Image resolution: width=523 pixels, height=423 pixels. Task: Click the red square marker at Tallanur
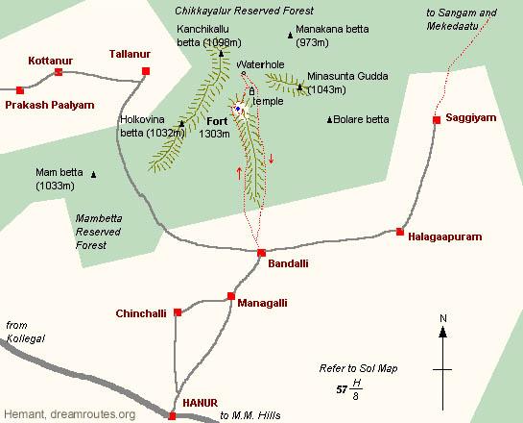tap(146, 71)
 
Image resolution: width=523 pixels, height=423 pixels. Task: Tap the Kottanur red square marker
tap(59, 72)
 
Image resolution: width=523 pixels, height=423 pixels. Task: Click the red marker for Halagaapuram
tap(400, 231)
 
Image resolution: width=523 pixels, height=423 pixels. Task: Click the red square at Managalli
tap(231, 296)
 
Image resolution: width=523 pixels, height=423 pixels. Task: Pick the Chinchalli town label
tap(140, 313)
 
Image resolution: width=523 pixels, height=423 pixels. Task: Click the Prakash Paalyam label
tap(50, 104)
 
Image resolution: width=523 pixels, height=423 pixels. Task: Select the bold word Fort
tap(218, 121)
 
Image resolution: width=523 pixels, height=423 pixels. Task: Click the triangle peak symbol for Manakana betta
tap(291, 36)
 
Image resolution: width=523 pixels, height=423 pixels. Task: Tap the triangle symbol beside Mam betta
tap(94, 174)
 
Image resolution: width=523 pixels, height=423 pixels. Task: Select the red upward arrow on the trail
tap(239, 173)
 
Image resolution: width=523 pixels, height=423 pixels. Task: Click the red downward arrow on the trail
tap(271, 159)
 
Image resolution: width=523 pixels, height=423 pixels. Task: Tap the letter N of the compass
tap(442, 318)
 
